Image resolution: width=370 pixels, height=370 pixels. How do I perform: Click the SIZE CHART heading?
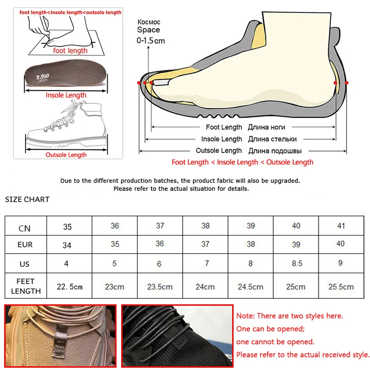(x=27, y=199)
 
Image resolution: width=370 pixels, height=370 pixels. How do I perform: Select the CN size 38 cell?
(x=205, y=226)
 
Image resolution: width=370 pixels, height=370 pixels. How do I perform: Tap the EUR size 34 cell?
(x=67, y=245)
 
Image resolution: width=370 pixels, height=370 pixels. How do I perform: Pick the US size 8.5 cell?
(x=296, y=263)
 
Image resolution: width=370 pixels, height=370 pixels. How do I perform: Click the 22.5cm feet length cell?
(x=69, y=286)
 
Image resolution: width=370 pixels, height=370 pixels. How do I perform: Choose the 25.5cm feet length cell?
(x=341, y=287)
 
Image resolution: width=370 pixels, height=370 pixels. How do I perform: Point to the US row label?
(x=25, y=264)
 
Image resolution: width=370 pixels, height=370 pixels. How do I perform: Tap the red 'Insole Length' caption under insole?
(x=66, y=95)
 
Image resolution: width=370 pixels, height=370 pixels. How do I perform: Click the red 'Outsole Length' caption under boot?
(x=66, y=154)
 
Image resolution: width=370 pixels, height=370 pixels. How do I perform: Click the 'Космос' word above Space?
(x=148, y=22)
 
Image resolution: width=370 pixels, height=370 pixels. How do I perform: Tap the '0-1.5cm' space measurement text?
(x=151, y=41)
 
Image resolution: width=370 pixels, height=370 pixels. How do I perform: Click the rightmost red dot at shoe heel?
(x=346, y=82)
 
